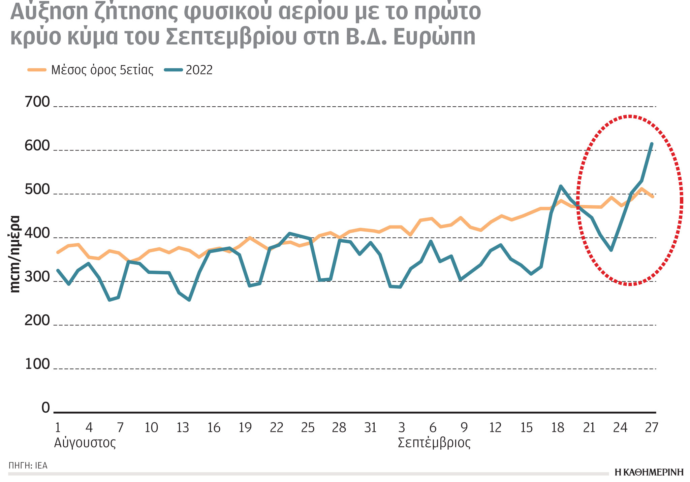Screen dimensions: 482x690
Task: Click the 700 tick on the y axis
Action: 37,102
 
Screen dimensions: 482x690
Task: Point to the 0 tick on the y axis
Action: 45,408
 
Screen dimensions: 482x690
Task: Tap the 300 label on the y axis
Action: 37,277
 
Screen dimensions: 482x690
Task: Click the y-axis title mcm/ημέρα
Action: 15,254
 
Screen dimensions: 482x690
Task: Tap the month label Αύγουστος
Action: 85,443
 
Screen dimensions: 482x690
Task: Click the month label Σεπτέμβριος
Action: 434,443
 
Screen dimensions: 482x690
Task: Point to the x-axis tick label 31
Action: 370,428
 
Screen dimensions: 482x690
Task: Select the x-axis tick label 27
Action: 651,428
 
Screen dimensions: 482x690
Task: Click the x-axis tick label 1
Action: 58,428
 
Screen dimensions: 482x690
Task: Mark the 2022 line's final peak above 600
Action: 652,144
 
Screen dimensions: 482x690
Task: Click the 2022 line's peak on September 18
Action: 561,186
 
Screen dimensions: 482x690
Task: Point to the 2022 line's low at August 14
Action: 189,300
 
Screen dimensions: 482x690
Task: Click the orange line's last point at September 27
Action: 653,197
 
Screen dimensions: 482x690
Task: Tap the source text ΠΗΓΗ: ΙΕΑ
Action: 28,466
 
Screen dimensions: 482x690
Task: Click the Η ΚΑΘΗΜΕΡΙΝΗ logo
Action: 649,472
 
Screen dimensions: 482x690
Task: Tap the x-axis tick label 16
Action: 214,428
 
